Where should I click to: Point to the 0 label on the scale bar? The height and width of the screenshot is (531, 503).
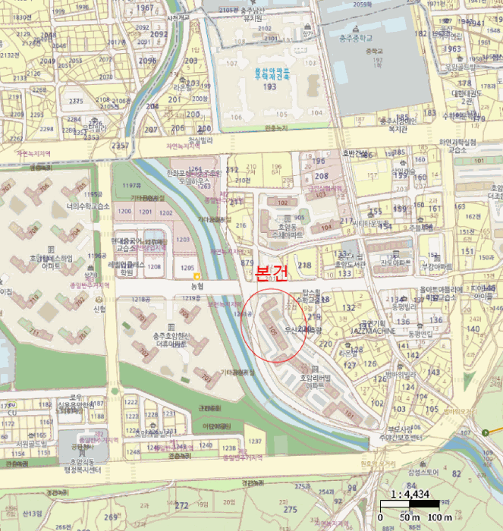click(x=380, y=517)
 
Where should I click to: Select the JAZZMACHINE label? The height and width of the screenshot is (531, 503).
click(x=374, y=331)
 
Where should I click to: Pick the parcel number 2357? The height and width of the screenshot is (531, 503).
click(x=119, y=144)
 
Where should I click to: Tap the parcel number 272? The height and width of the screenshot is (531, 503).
click(x=181, y=504)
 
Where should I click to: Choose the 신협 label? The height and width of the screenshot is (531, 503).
click(x=99, y=309)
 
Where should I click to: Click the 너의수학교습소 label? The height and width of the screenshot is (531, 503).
click(x=89, y=206)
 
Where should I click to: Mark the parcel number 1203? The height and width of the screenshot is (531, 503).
click(x=184, y=239)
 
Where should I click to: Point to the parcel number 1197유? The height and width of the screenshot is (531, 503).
click(x=131, y=185)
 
